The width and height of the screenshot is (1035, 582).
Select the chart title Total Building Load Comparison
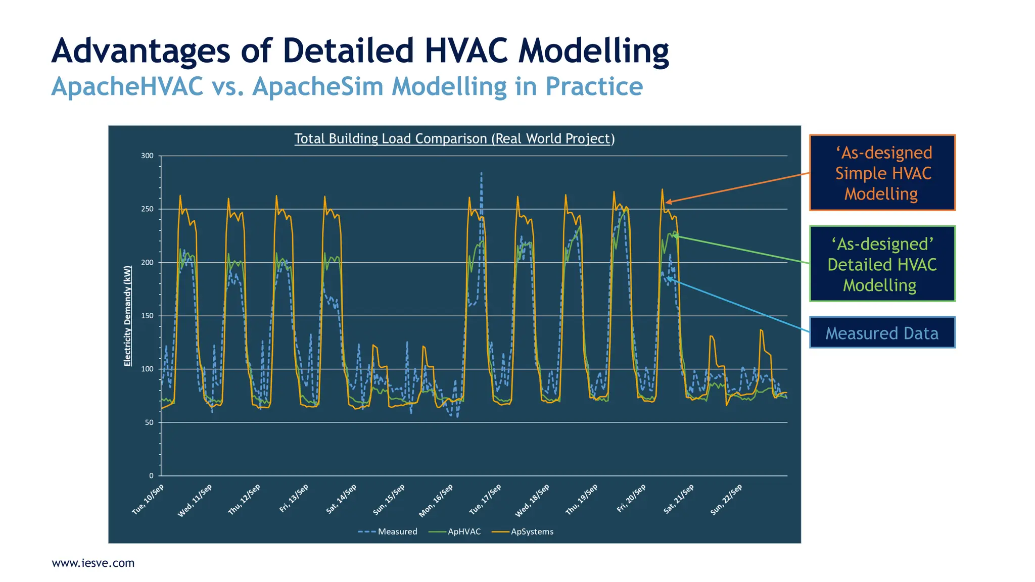(454, 138)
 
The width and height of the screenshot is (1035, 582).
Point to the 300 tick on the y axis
(147, 156)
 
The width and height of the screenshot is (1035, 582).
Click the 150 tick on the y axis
(147, 316)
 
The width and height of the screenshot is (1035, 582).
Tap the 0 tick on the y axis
(151, 475)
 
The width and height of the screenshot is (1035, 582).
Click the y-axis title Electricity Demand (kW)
(127, 316)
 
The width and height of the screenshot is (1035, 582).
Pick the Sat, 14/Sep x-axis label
(342, 499)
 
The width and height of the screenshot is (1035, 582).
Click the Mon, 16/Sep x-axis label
(436, 500)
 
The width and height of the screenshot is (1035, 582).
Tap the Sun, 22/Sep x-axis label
(726, 500)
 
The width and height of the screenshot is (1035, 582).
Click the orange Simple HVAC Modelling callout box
(882, 173)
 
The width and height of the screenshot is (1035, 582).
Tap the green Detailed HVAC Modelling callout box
(882, 264)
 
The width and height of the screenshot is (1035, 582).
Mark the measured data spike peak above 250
(481, 173)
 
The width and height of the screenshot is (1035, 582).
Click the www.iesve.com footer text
(93, 563)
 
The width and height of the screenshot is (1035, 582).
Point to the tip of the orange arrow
(666, 203)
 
